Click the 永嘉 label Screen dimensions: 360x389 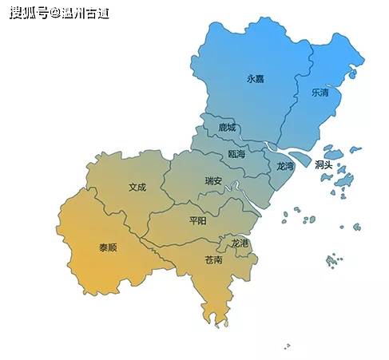255,78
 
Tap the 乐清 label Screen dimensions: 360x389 320,92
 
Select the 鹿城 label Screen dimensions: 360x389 227,127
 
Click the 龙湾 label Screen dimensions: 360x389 285,166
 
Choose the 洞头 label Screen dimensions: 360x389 324,164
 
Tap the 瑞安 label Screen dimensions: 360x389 213,180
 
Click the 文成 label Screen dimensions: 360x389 137,188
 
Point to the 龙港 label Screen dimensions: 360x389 240,242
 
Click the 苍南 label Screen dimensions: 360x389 213,260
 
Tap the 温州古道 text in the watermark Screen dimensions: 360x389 85,14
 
